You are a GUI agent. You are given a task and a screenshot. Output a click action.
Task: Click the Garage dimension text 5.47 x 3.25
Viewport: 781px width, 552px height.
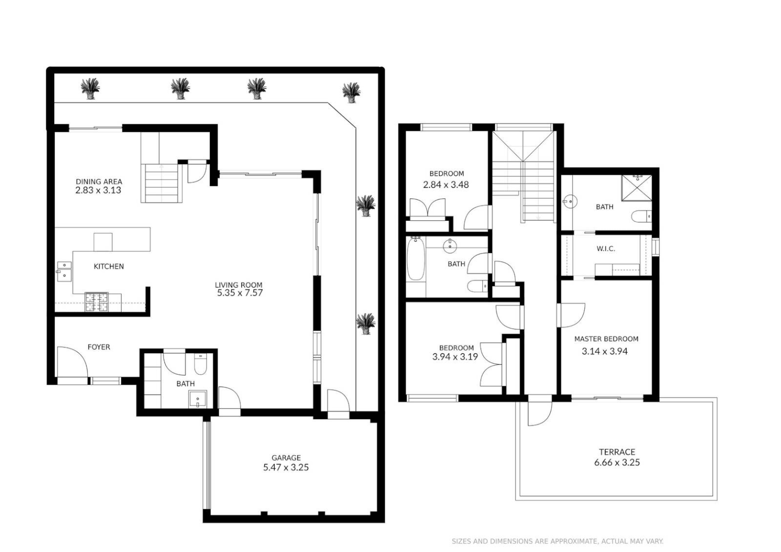pyautogui.click(x=286, y=467)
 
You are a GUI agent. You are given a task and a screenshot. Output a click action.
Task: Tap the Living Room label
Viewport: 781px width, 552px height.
pyautogui.click(x=238, y=285)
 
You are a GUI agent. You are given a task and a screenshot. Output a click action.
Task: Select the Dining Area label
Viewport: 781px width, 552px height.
pyautogui.click(x=99, y=181)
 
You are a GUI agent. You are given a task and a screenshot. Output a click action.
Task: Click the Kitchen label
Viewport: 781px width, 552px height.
pyautogui.click(x=108, y=266)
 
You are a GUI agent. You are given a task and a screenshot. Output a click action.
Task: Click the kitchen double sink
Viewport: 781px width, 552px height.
pyautogui.click(x=64, y=271)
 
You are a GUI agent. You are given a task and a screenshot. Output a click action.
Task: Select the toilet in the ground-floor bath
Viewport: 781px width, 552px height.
pyautogui.click(x=200, y=364)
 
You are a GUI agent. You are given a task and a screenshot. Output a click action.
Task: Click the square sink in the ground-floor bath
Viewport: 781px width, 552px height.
pyautogui.click(x=197, y=398)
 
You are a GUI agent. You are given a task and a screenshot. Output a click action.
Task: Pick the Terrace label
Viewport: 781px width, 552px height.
pyautogui.click(x=617, y=452)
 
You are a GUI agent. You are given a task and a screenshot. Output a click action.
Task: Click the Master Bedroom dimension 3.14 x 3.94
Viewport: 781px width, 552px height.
pyautogui.click(x=604, y=351)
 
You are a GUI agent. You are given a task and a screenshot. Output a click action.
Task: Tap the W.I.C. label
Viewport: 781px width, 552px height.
pyautogui.click(x=605, y=249)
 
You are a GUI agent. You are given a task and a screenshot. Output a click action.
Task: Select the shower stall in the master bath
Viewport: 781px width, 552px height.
pyautogui.click(x=636, y=188)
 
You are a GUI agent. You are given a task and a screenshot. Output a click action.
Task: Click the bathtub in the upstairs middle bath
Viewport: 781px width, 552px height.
pyautogui.click(x=416, y=260)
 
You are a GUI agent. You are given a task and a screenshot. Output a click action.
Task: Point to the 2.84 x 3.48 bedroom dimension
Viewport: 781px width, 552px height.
pyautogui.click(x=445, y=185)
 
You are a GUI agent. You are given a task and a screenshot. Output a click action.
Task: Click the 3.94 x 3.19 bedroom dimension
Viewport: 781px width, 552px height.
pyautogui.click(x=455, y=357)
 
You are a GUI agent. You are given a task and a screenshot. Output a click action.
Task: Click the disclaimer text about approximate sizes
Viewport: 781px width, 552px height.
pyautogui.click(x=557, y=541)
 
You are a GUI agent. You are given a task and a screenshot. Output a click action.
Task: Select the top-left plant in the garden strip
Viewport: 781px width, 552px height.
pyautogui.click(x=90, y=88)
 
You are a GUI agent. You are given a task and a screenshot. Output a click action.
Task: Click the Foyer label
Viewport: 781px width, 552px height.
pyautogui.click(x=99, y=347)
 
